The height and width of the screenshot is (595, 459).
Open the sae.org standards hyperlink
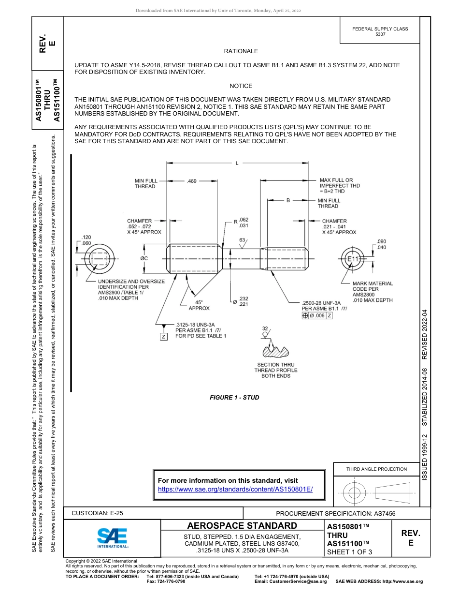tap(235, 489)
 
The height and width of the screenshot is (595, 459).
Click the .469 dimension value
tap(191, 181)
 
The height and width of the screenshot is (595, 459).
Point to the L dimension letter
tap(237, 163)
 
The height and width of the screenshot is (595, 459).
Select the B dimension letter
tap(288, 200)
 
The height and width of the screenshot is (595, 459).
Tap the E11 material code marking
tap(354, 260)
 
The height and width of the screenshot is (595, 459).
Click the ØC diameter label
tap(143, 258)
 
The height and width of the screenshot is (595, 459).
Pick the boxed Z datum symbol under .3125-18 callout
tap(164, 336)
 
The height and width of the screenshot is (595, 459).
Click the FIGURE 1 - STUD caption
tap(234, 397)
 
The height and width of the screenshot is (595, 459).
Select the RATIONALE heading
tap(241, 51)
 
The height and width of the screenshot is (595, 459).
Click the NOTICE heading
tap(241, 86)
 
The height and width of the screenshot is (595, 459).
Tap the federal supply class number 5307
tap(380, 34)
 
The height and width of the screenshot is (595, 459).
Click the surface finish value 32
tap(265, 328)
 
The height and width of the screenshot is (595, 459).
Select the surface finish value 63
tap(242, 240)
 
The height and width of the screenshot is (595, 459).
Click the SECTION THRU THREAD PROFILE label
tap(276, 370)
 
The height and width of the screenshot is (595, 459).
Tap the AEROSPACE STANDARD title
tap(242, 526)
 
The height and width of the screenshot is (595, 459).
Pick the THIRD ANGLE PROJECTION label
tap(376, 469)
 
